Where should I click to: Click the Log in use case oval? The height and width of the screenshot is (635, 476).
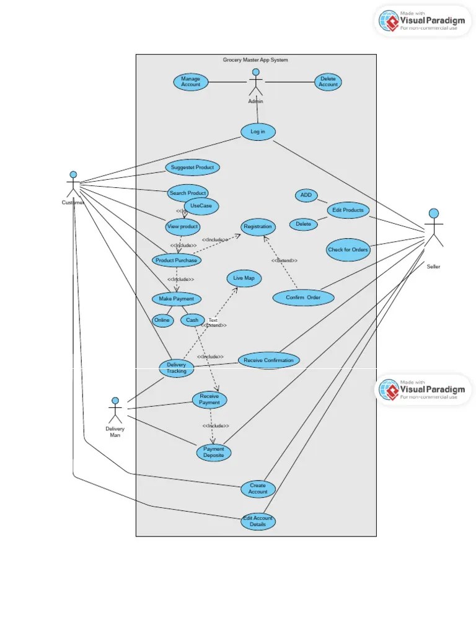coord(258,131)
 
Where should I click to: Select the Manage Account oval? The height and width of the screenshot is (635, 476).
coord(191,82)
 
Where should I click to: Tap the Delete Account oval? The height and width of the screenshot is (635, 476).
coord(328,82)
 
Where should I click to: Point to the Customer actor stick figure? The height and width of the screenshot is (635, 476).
coord(73,184)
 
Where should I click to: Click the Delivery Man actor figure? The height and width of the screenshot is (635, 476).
coord(115,411)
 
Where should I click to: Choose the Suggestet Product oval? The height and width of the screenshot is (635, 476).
coord(192,167)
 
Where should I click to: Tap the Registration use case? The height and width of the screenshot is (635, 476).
coord(257,227)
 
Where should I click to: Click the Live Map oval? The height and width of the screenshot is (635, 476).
coord(244,278)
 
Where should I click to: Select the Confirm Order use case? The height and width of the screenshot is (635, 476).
coord(303,298)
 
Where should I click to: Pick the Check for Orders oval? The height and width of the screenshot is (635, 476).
coord(348,250)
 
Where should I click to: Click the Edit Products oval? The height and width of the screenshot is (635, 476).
coord(348,210)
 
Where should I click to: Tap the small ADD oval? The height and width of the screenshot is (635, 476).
coord(306,195)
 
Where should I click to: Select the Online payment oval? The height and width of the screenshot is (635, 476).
coord(162,320)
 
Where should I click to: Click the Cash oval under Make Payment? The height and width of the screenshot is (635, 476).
coord(192,320)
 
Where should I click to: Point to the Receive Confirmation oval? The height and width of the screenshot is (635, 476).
coord(269,360)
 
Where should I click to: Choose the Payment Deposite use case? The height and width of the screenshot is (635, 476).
coord(214,453)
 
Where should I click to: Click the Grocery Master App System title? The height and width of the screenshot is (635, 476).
coord(255,60)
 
